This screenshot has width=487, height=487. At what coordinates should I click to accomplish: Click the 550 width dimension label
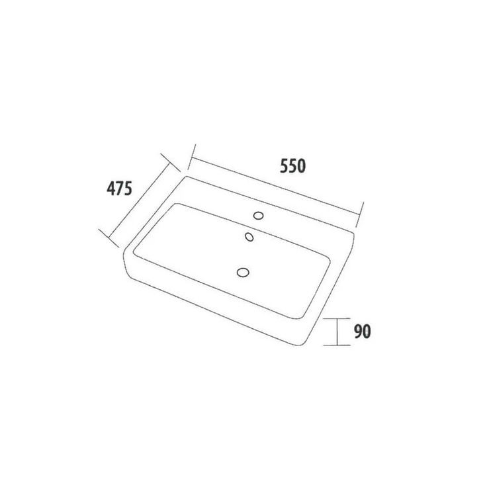[x=292, y=165]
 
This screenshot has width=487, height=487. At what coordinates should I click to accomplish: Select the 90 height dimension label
[x=363, y=332]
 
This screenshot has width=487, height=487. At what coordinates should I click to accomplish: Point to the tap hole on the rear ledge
[x=259, y=215]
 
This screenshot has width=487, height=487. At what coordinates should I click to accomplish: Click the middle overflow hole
[x=249, y=237]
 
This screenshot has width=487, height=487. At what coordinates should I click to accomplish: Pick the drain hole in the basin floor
[x=243, y=273]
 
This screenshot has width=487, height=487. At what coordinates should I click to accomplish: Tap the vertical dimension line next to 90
[x=337, y=332]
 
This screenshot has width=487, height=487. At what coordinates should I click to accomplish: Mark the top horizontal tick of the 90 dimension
[x=337, y=319]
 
